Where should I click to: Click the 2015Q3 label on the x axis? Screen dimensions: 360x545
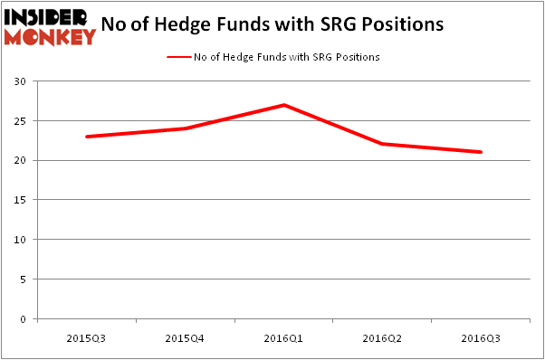point(88,337)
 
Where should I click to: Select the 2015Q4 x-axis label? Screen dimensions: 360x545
point(186,337)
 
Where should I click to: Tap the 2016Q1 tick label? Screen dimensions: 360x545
point(284,337)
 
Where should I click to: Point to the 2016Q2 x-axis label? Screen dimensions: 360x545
point(382,337)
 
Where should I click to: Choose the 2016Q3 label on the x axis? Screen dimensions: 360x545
point(481,337)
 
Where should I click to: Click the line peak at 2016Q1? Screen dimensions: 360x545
point(284,105)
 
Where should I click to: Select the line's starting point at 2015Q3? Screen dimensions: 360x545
point(88,137)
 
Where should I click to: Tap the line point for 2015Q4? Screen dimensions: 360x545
point(186,128)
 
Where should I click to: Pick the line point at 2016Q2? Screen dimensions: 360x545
point(382,144)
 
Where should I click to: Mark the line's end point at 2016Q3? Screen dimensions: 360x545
point(481,152)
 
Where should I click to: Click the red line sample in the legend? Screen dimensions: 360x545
point(178,57)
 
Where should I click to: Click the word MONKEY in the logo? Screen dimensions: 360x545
point(50,37)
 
